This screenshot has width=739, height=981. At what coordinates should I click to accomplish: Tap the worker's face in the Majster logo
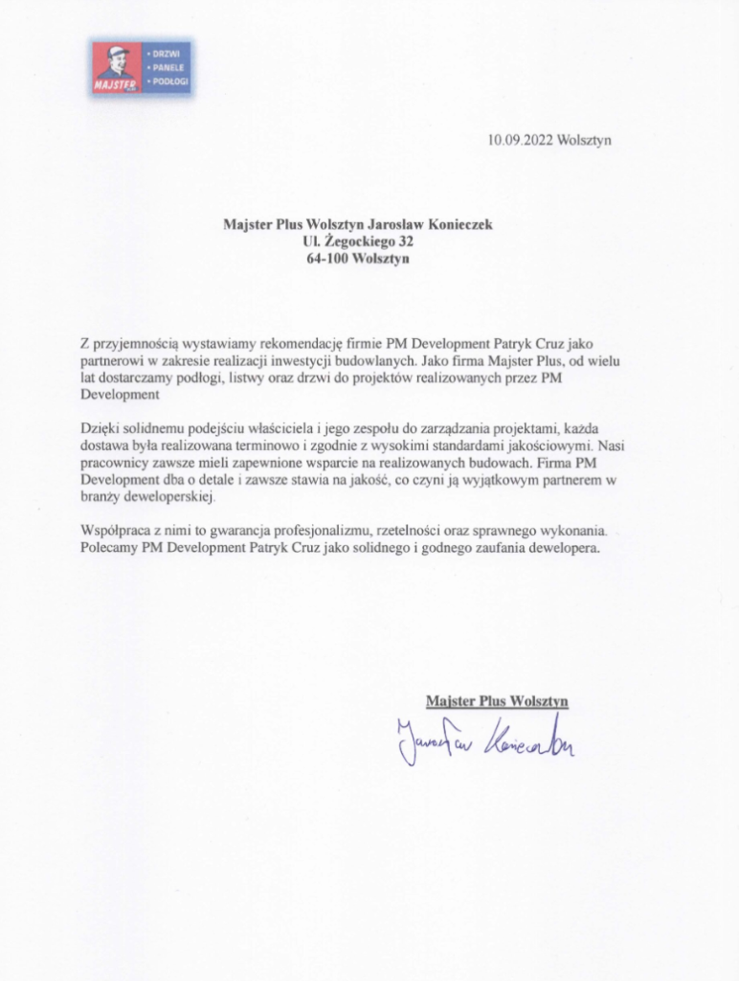(117, 65)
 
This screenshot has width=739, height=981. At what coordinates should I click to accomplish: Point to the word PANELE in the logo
(170, 68)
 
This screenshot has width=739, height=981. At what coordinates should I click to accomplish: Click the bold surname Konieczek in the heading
(460, 225)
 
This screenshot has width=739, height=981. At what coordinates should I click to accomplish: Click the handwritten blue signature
(483, 741)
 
